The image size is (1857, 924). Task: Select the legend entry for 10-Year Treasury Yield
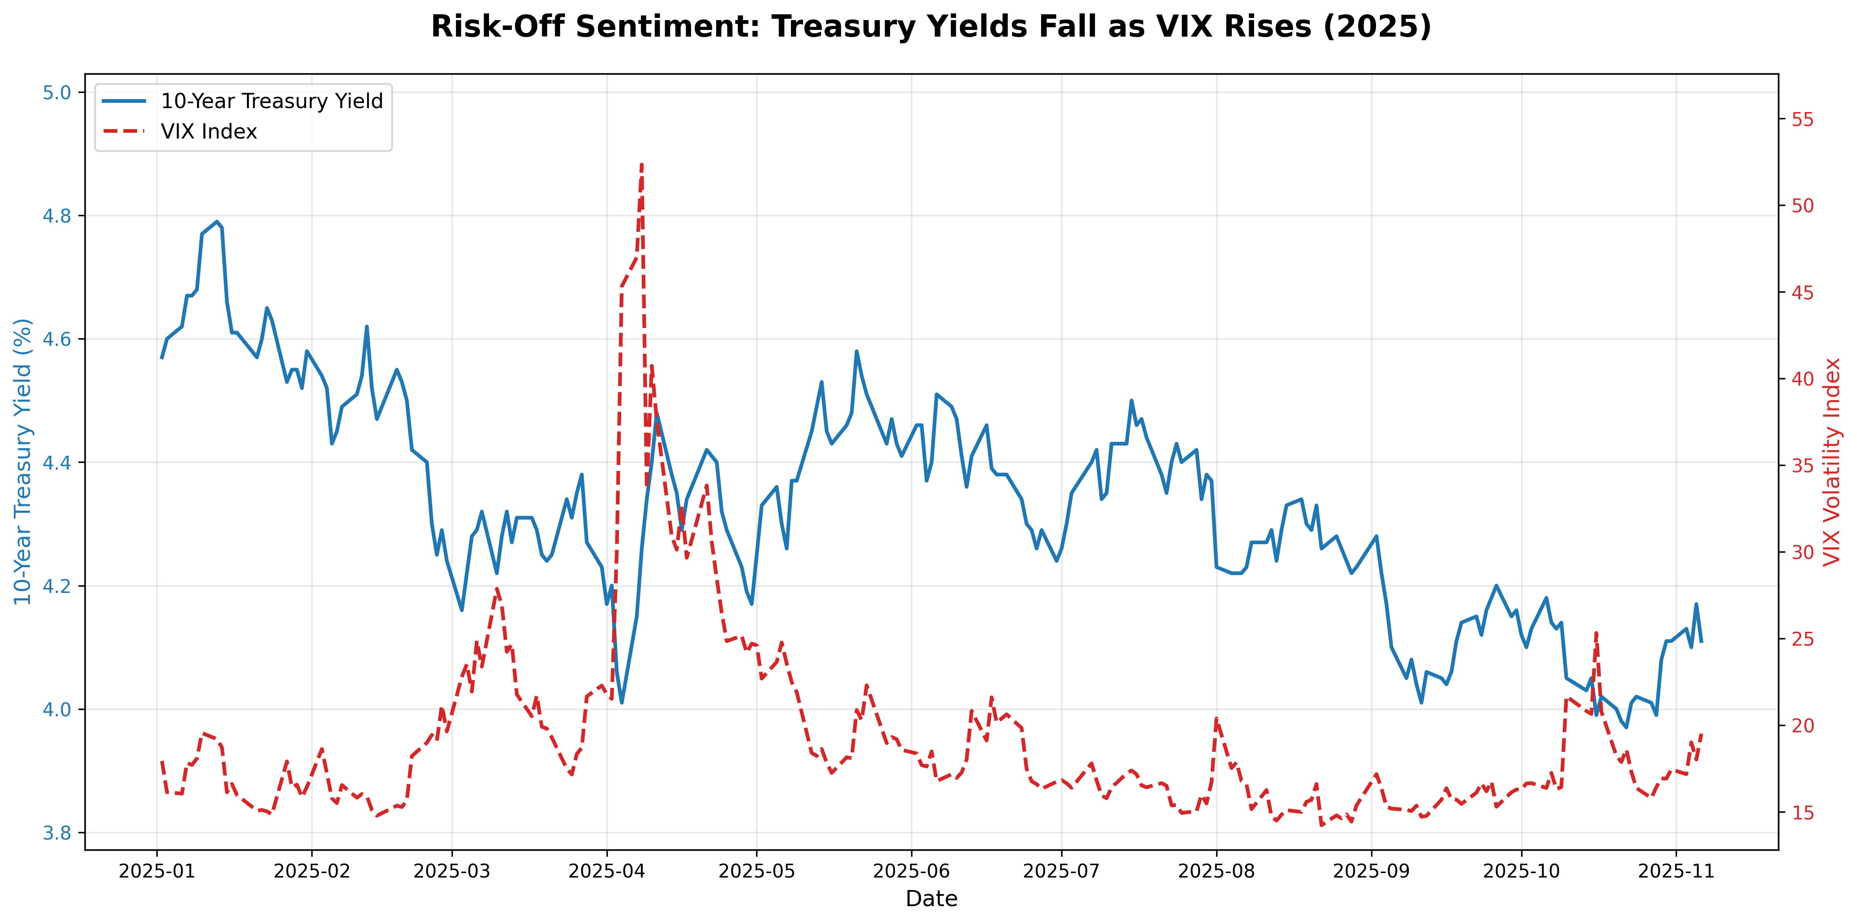[x=271, y=101]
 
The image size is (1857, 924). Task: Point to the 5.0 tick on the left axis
[x=57, y=92]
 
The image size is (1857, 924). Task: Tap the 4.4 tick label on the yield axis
[x=57, y=462]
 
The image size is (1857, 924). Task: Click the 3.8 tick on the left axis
[x=57, y=833]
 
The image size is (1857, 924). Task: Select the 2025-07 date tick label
[x=1061, y=871]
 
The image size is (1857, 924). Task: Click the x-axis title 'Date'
[x=931, y=899]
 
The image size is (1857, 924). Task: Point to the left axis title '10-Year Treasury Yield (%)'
[x=23, y=462]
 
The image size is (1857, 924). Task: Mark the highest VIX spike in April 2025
[x=642, y=164]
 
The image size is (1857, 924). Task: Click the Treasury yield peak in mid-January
[x=217, y=222]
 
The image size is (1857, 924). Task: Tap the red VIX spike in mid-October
[x=1597, y=633]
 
